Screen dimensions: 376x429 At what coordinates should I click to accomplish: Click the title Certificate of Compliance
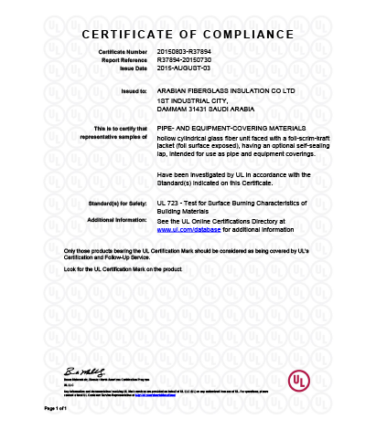pos(188,35)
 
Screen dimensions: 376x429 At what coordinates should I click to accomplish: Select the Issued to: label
pos(134,92)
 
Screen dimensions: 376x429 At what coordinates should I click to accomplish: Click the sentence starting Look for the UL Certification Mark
pos(123,269)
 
